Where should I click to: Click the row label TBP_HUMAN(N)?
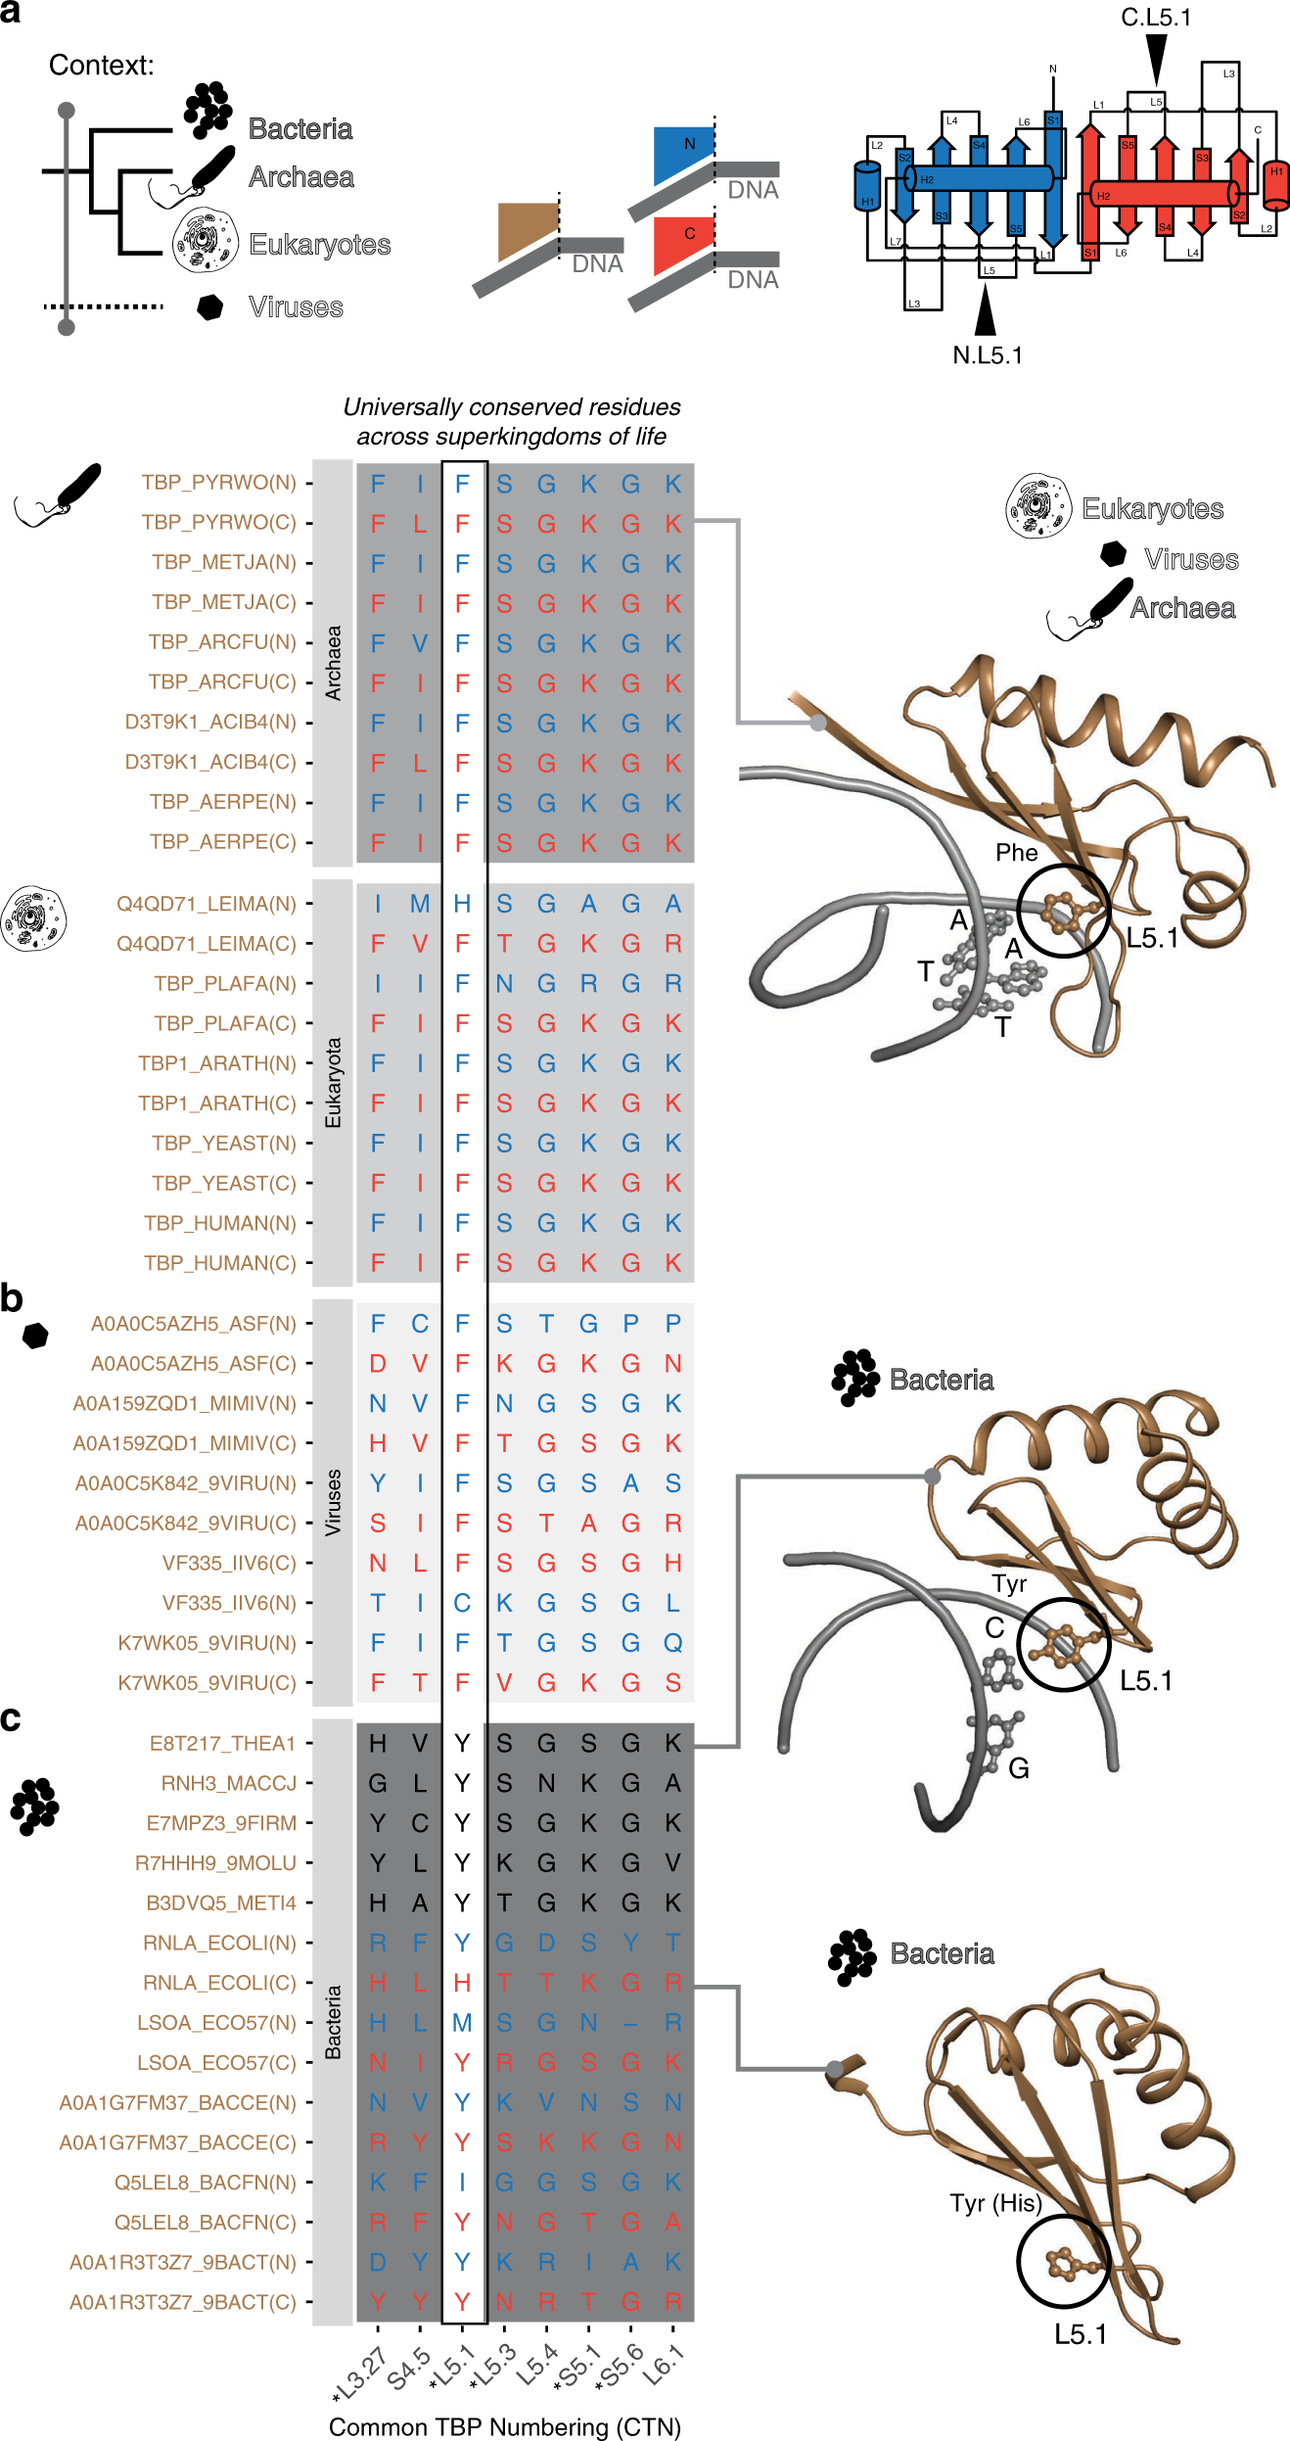(220, 1223)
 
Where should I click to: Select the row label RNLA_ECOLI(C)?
(219, 1983)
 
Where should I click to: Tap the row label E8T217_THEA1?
(222, 1743)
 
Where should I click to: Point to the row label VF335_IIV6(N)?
(229, 1603)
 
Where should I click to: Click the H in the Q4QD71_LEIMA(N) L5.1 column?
(463, 904)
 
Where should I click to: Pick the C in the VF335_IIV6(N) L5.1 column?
(463, 1603)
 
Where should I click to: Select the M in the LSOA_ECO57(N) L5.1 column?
(463, 2023)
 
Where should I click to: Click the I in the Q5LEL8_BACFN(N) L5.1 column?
(463, 2183)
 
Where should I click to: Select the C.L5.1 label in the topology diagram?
(1156, 18)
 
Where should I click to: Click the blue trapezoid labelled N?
(682, 152)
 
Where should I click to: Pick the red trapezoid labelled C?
(681, 242)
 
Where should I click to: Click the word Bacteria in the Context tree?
(300, 129)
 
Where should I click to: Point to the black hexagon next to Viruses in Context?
(210, 306)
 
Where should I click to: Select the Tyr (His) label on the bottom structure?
(995, 2203)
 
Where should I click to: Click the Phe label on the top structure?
(1017, 853)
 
